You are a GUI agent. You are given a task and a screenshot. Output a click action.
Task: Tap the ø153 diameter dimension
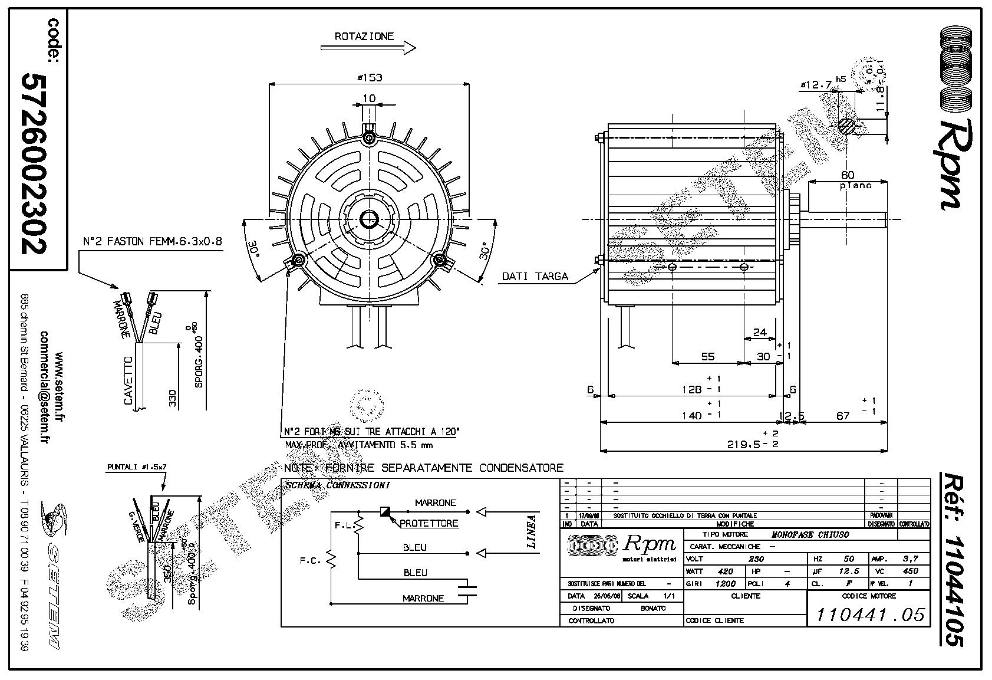click(369, 77)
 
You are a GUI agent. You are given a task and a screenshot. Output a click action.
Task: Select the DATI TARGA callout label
click(535, 276)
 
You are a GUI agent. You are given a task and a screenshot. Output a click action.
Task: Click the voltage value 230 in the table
click(756, 559)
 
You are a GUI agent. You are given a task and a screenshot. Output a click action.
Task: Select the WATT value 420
click(725, 571)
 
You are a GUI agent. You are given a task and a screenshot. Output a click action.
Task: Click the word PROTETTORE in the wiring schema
click(429, 523)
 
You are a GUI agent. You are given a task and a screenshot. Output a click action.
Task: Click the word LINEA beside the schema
click(531, 532)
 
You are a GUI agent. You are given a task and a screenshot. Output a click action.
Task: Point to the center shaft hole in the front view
click(370, 220)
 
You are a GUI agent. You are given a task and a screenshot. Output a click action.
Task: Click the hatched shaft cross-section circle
click(846, 126)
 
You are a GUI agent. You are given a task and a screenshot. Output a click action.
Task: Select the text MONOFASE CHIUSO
click(810, 534)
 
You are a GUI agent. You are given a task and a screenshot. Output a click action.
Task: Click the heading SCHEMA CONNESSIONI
click(337, 485)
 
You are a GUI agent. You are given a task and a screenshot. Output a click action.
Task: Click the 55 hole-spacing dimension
click(707, 356)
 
